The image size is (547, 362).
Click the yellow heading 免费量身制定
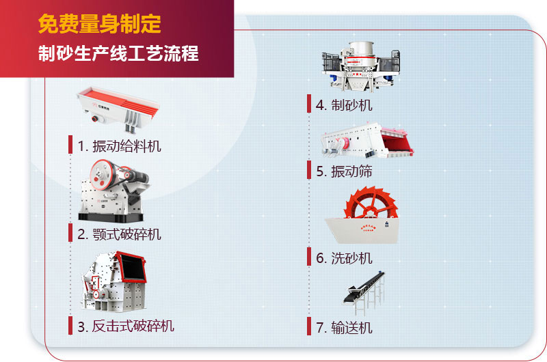coord(100,25)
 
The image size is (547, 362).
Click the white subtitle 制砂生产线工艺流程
coord(118,54)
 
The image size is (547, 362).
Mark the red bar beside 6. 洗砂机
coord(310,257)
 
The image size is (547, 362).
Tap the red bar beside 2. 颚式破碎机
coord(70,233)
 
